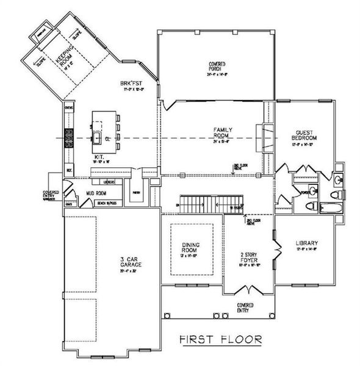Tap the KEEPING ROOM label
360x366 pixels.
click(64, 62)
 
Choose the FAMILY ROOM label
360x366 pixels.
click(221, 134)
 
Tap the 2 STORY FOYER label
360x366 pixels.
click(248, 260)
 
